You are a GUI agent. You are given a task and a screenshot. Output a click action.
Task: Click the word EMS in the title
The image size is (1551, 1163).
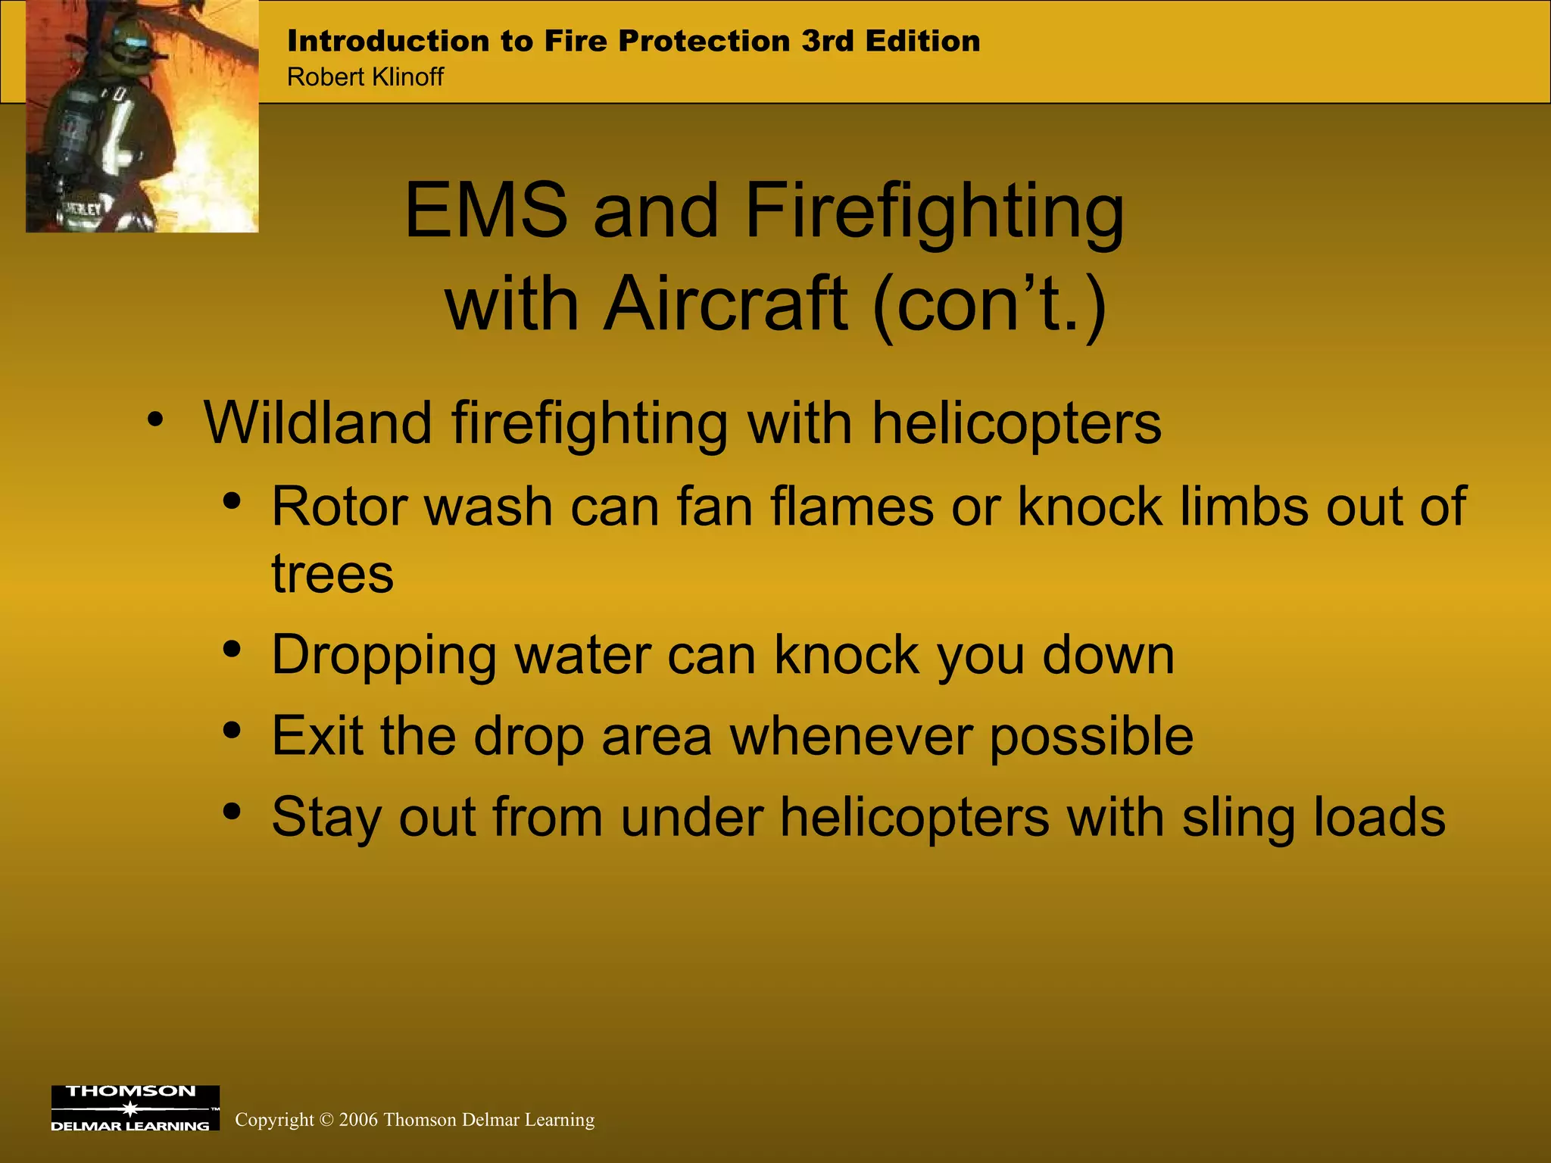point(485,210)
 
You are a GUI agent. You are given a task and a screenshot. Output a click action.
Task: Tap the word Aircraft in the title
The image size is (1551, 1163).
point(725,304)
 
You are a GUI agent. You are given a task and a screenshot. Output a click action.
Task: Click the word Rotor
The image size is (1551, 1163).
point(336,507)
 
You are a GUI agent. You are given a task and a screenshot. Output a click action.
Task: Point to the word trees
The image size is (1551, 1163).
point(332,574)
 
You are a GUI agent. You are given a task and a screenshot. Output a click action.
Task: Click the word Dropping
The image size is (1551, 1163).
point(383,655)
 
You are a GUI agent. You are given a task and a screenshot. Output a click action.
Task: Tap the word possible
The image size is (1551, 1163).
point(1091,736)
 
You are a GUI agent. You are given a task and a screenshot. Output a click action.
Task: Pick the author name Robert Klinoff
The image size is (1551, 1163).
point(365,77)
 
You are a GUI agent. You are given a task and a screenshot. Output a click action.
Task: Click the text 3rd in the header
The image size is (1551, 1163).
point(828,41)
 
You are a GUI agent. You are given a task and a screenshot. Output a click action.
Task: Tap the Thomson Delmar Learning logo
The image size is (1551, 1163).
point(135,1108)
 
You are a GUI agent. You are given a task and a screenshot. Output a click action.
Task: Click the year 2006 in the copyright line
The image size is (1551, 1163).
point(358,1120)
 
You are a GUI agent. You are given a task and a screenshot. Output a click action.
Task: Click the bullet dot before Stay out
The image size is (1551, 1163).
point(232,812)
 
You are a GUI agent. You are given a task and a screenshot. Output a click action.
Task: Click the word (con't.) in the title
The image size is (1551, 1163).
point(989,304)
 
